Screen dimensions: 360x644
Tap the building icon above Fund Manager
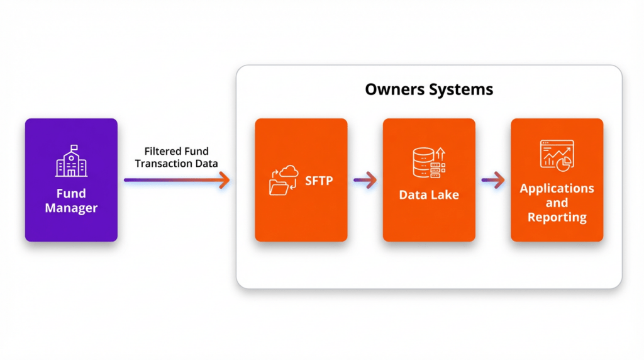(x=71, y=161)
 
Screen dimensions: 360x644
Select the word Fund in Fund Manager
(x=71, y=193)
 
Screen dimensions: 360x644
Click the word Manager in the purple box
(x=71, y=208)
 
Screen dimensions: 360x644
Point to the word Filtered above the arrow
(x=162, y=152)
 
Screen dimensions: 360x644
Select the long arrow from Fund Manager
(x=177, y=181)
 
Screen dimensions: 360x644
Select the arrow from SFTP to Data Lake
(x=365, y=181)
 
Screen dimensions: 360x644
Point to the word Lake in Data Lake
(x=445, y=195)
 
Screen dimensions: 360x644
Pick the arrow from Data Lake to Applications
(x=493, y=181)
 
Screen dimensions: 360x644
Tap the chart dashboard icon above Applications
(x=557, y=154)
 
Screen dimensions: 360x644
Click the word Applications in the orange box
(x=557, y=188)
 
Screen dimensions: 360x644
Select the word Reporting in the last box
(x=557, y=218)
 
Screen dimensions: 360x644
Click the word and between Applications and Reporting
(x=557, y=203)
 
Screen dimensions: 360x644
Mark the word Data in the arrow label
(x=206, y=164)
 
